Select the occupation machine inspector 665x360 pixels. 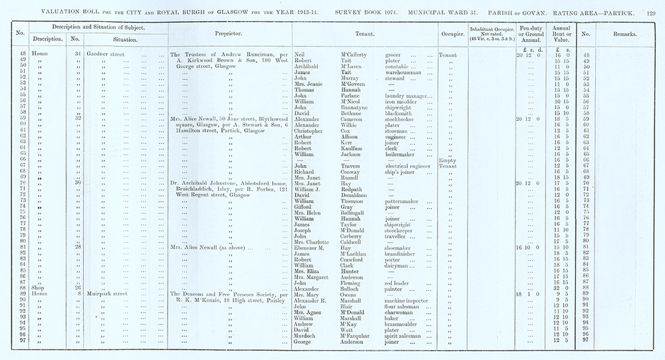click(x=412, y=299)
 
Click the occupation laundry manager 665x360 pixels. click(x=408, y=95)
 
